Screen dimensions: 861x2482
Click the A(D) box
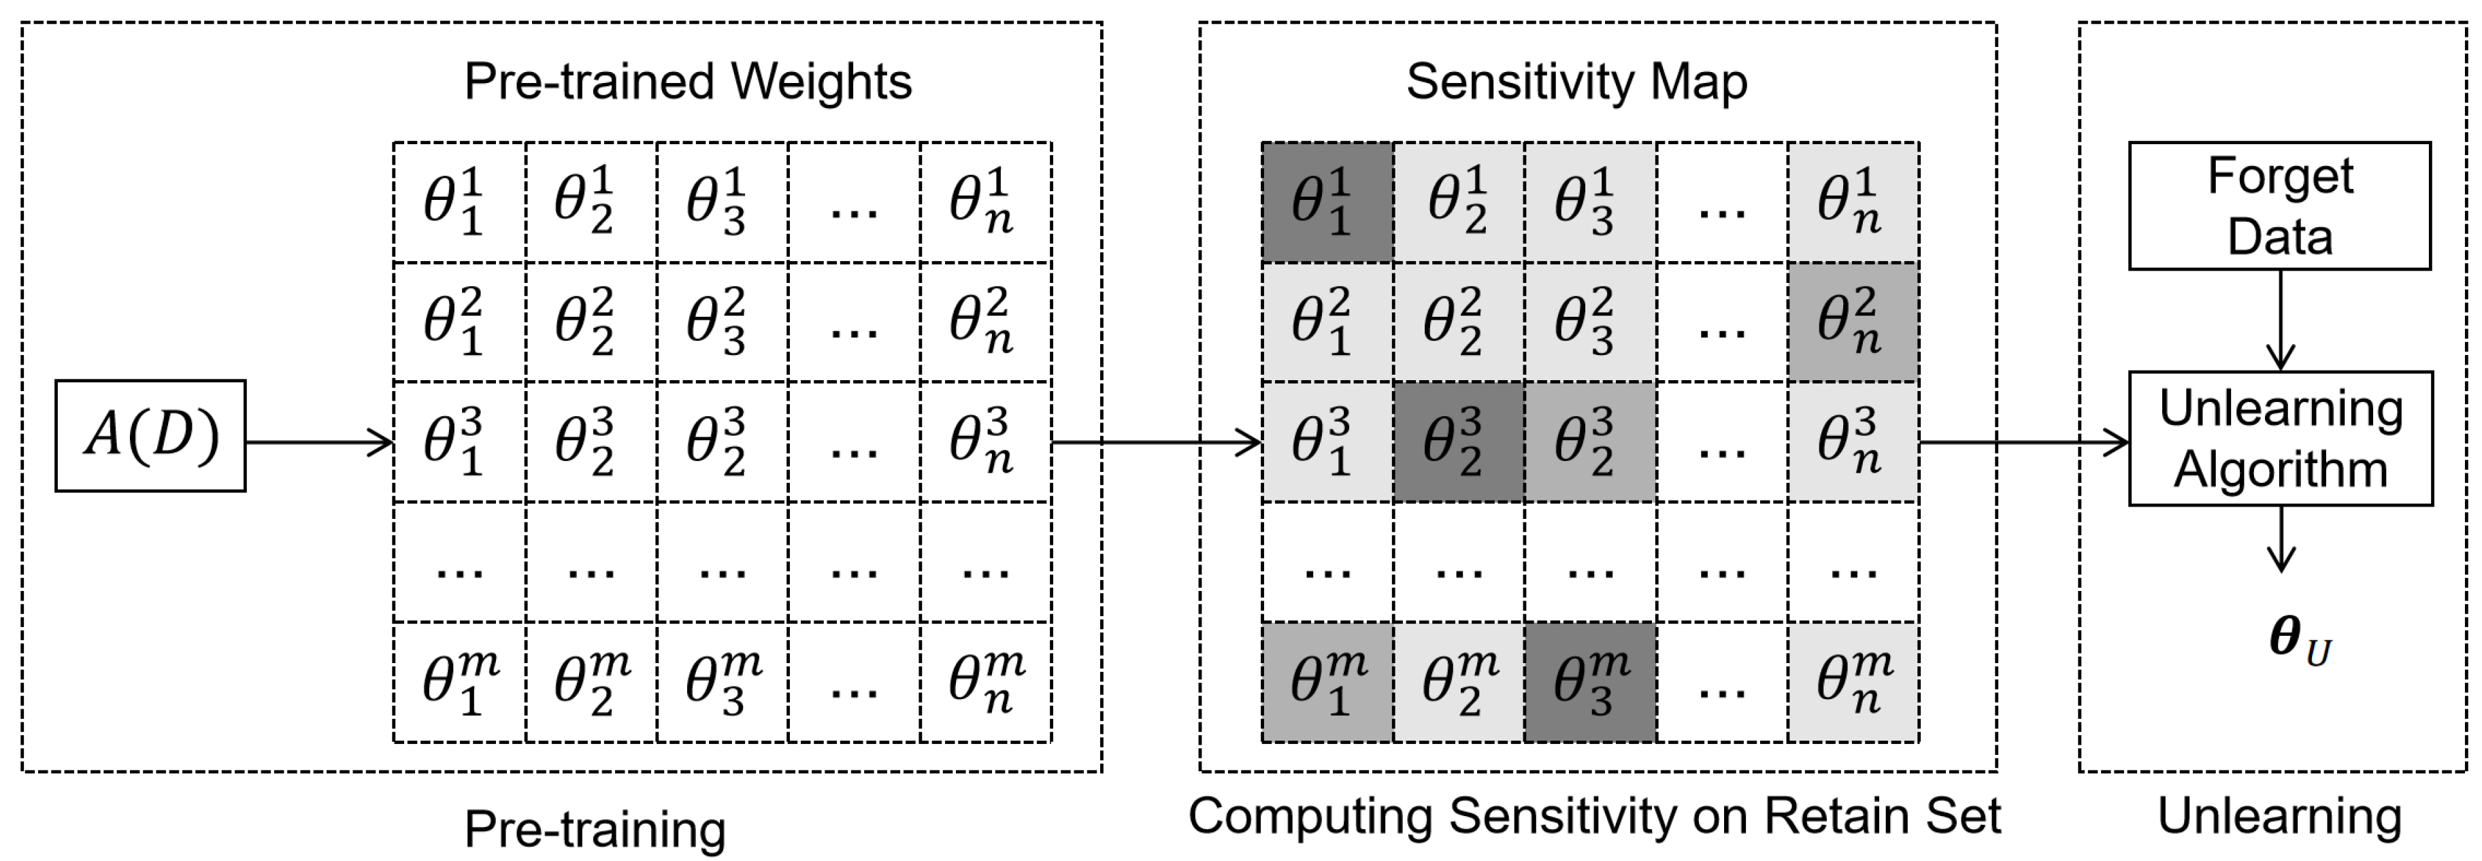150,435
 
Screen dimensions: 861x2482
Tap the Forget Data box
2280,206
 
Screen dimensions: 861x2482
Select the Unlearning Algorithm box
2280,438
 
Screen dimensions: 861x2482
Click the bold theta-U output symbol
2298,641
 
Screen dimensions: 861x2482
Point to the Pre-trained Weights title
687,81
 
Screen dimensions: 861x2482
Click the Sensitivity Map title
1576,81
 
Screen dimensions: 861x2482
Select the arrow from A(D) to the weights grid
318,442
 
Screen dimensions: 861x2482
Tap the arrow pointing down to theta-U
2280,539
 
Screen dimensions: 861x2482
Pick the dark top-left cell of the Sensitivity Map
1327,202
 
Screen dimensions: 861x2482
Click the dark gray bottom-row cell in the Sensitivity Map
1590,683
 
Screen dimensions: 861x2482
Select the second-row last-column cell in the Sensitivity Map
1853,322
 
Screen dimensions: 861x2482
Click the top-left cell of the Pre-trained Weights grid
459,202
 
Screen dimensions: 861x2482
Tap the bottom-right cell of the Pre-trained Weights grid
984,683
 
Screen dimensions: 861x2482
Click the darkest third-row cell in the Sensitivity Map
1458,442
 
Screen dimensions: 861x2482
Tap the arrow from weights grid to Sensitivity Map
1156,442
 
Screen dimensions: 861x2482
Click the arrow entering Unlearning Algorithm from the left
2023,442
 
